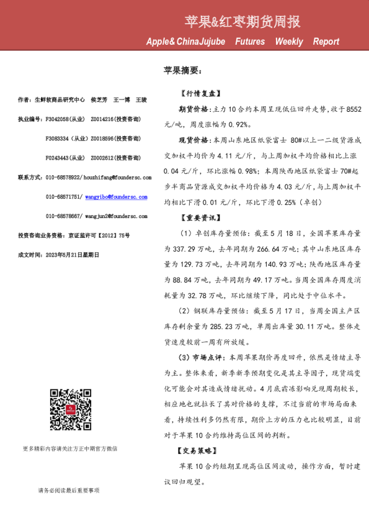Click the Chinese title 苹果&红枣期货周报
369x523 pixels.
[x=242, y=22]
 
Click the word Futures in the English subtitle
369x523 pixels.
[x=250, y=42]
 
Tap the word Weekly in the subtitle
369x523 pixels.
[x=289, y=42]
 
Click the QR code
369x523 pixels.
[x=70, y=409]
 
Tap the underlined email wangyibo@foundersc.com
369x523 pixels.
[x=116, y=197]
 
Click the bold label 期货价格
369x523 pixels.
[x=193, y=109]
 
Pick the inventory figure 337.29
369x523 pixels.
[x=186, y=248]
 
